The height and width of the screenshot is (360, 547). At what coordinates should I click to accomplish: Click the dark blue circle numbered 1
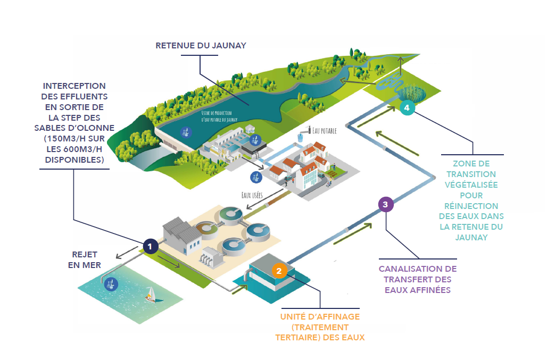[x=151, y=246]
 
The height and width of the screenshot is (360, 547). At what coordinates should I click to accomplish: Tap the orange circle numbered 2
[x=279, y=271]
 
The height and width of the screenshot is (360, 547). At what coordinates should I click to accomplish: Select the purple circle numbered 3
[x=385, y=204]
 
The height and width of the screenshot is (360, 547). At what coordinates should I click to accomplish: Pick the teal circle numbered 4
[x=407, y=108]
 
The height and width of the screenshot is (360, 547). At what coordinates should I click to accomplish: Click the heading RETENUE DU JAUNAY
[x=201, y=46]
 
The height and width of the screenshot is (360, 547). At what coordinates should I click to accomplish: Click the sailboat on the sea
[x=151, y=294]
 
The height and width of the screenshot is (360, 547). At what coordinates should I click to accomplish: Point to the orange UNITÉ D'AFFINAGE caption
[x=320, y=326]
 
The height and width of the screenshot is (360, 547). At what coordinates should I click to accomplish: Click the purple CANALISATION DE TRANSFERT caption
[x=417, y=279]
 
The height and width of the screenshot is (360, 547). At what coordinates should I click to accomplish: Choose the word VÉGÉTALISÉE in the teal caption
[x=471, y=185]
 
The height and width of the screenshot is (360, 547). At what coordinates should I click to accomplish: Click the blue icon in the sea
[x=111, y=284]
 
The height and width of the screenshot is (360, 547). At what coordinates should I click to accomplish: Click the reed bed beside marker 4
[x=418, y=94]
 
